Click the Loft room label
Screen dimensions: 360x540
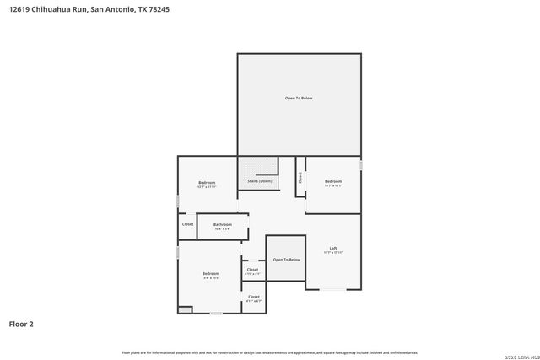click(333, 248)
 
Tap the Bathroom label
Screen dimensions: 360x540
click(223, 224)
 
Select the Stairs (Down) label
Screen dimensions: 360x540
click(260, 181)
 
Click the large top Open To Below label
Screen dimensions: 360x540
click(299, 99)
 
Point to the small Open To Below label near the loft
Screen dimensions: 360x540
click(287, 260)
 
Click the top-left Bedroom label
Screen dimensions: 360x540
click(207, 183)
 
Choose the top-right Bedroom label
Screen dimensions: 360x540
click(333, 181)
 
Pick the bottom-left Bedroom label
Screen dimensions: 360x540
click(210, 273)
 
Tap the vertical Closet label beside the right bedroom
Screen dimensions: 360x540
click(300, 178)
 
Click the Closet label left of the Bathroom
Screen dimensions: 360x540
click(187, 224)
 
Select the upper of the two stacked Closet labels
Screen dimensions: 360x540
click(253, 270)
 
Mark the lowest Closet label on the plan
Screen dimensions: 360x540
click(253, 297)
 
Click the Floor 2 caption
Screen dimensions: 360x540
click(21, 323)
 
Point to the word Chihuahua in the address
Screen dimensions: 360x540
click(49, 9)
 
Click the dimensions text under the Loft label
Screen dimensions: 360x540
click(333, 252)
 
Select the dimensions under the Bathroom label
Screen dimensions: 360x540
click(223, 228)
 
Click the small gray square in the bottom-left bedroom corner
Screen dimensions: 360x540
click(185, 309)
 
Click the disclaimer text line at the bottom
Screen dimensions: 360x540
click(270, 352)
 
